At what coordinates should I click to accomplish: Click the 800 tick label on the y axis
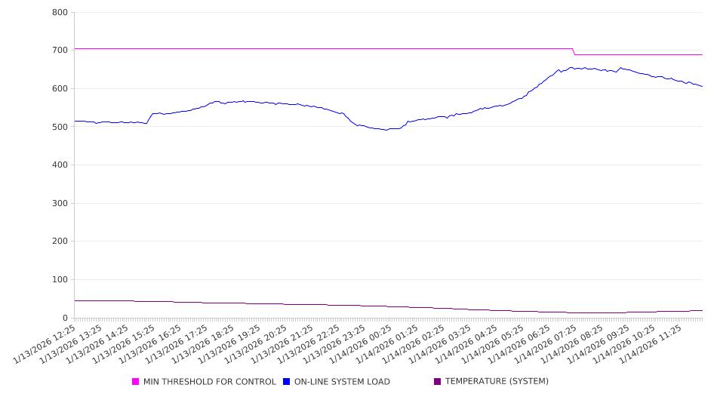click(x=60, y=13)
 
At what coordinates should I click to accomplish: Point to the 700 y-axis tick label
click(x=60, y=51)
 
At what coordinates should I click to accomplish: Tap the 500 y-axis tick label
click(x=60, y=127)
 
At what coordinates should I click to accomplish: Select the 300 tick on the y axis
click(x=60, y=204)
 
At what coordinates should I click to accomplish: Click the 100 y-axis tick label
click(x=60, y=280)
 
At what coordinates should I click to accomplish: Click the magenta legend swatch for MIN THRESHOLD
click(x=136, y=382)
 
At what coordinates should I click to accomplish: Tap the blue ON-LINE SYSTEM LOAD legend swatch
click(x=286, y=382)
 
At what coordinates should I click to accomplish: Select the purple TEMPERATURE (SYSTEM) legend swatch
click(x=437, y=382)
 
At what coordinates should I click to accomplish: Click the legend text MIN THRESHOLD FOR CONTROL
click(x=209, y=382)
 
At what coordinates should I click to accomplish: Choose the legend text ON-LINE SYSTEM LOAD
click(x=342, y=382)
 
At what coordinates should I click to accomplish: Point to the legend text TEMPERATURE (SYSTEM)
click(x=497, y=382)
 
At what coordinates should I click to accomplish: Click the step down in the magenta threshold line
click(x=574, y=51)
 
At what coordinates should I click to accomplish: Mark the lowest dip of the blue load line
click(x=386, y=130)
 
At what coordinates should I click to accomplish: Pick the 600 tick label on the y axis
click(x=60, y=89)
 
